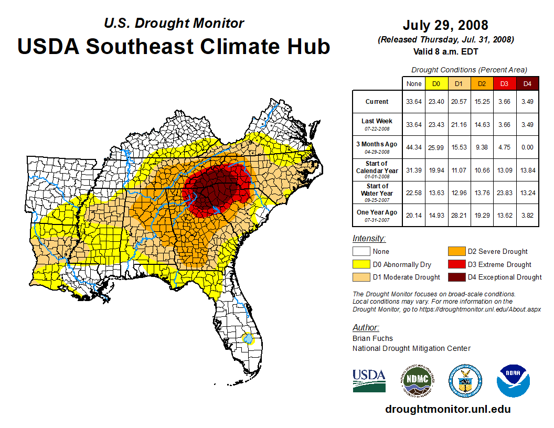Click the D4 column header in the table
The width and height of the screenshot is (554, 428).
point(527,83)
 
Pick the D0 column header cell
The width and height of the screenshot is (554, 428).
point(436,83)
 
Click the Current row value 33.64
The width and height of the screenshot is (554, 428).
point(414,102)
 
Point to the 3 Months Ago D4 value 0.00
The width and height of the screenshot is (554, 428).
point(527,147)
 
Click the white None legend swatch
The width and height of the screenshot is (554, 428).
point(361,252)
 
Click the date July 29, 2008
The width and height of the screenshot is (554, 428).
point(445,25)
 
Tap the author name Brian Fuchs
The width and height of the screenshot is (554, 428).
point(372,338)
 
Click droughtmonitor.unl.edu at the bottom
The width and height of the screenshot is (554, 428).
point(448,409)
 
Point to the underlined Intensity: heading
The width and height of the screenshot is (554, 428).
point(369,238)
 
